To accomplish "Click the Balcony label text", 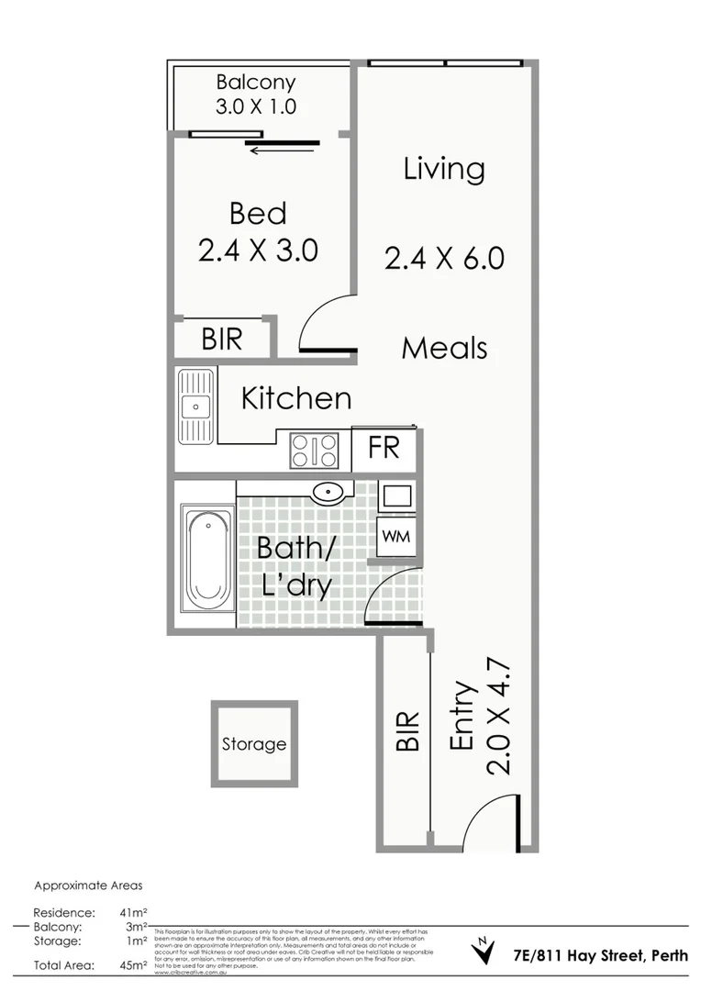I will click(256, 83).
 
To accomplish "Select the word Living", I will click(444, 169).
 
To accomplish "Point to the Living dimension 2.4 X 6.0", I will click(444, 258).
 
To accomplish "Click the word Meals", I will click(444, 348).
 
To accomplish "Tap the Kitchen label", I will click(295, 398).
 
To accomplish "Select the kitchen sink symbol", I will click(195, 405).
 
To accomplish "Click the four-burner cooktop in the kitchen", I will click(315, 450).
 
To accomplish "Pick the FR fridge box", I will click(384, 448).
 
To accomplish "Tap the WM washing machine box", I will click(395, 535).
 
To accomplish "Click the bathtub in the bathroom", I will click(207, 560).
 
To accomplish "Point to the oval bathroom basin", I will click(328, 494).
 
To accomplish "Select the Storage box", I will click(254, 743).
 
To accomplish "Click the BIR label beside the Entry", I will click(407, 731).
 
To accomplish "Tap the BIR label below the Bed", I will click(222, 340).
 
